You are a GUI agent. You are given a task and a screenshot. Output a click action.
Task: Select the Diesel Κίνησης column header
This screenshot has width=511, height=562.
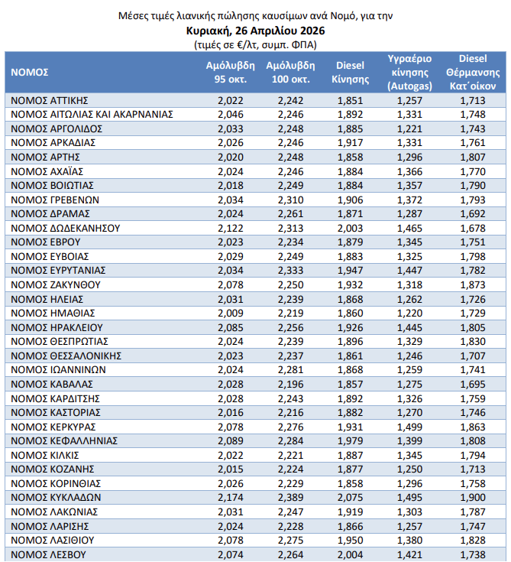pos(350,72)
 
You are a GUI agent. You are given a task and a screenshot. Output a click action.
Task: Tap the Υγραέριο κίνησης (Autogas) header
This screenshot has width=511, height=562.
pos(410,72)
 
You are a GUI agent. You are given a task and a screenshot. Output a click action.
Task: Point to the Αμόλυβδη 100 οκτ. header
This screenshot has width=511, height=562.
pos(288,72)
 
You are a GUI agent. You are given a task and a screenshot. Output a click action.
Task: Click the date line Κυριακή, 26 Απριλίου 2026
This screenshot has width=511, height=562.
pos(255,31)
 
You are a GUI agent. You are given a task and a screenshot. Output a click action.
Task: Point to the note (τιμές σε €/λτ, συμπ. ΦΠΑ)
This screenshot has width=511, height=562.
pos(255,44)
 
